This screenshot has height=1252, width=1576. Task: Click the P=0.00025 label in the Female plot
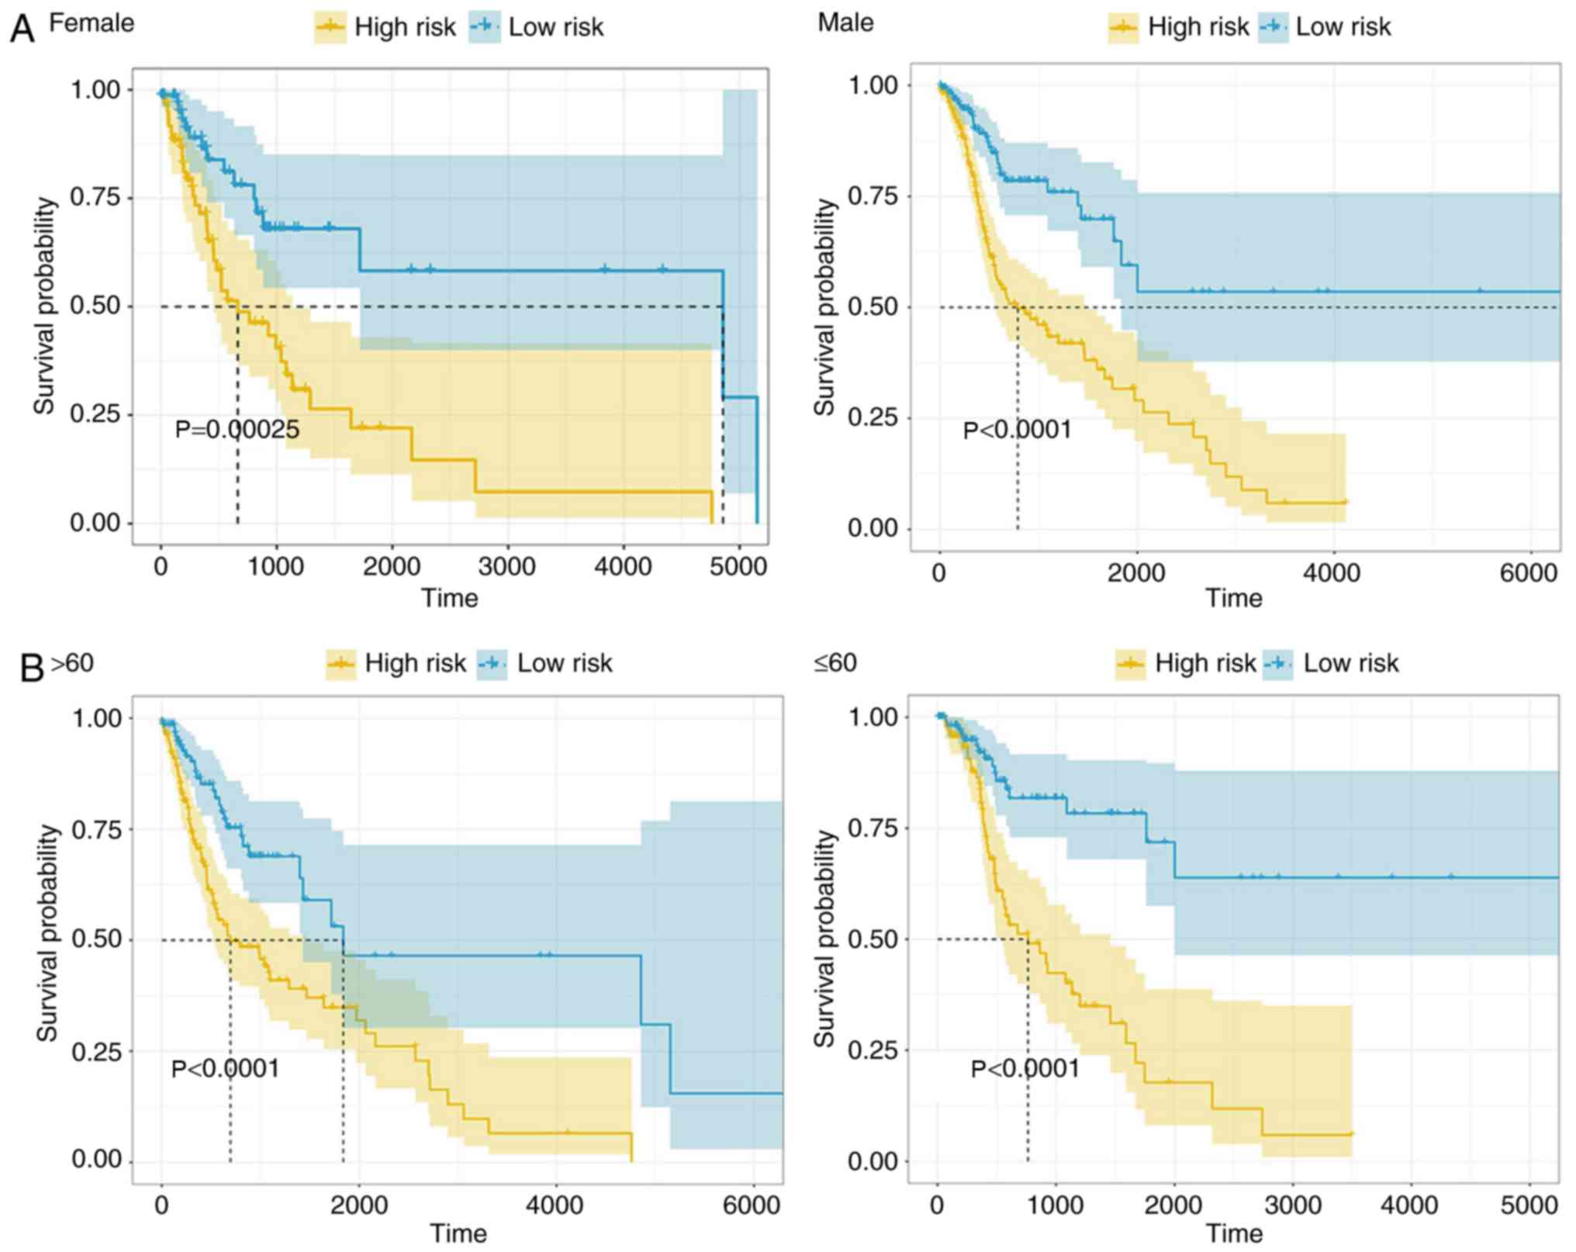pyautogui.click(x=237, y=429)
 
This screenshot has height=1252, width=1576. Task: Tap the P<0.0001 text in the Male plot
pyautogui.click(x=1017, y=429)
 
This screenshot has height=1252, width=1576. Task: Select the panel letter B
pyautogui.click(x=31, y=668)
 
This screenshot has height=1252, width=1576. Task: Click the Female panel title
pyautogui.click(x=92, y=23)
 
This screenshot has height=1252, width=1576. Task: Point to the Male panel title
pyautogui.click(x=845, y=22)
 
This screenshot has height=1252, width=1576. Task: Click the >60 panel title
pyautogui.click(x=71, y=663)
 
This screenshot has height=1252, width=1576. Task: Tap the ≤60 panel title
pyautogui.click(x=835, y=663)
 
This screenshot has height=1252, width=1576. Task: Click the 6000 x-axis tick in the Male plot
pyautogui.click(x=1527, y=573)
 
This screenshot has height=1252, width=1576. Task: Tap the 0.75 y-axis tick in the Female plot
pyautogui.click(x=95, y=198)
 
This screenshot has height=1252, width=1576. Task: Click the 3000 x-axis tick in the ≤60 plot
pyautogui.click(x=1292, y=1205)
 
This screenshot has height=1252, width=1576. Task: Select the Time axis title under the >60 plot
pyautogui.click(x=458, y=1233)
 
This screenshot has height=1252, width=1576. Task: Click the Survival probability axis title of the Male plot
pyautogui.click(x=825, y=306)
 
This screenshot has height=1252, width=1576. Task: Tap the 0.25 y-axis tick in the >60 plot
pyautogui.click(x=97, y=1051)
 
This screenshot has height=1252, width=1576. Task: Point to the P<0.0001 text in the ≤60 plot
pyautogui.click(x=1025, y=1069)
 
